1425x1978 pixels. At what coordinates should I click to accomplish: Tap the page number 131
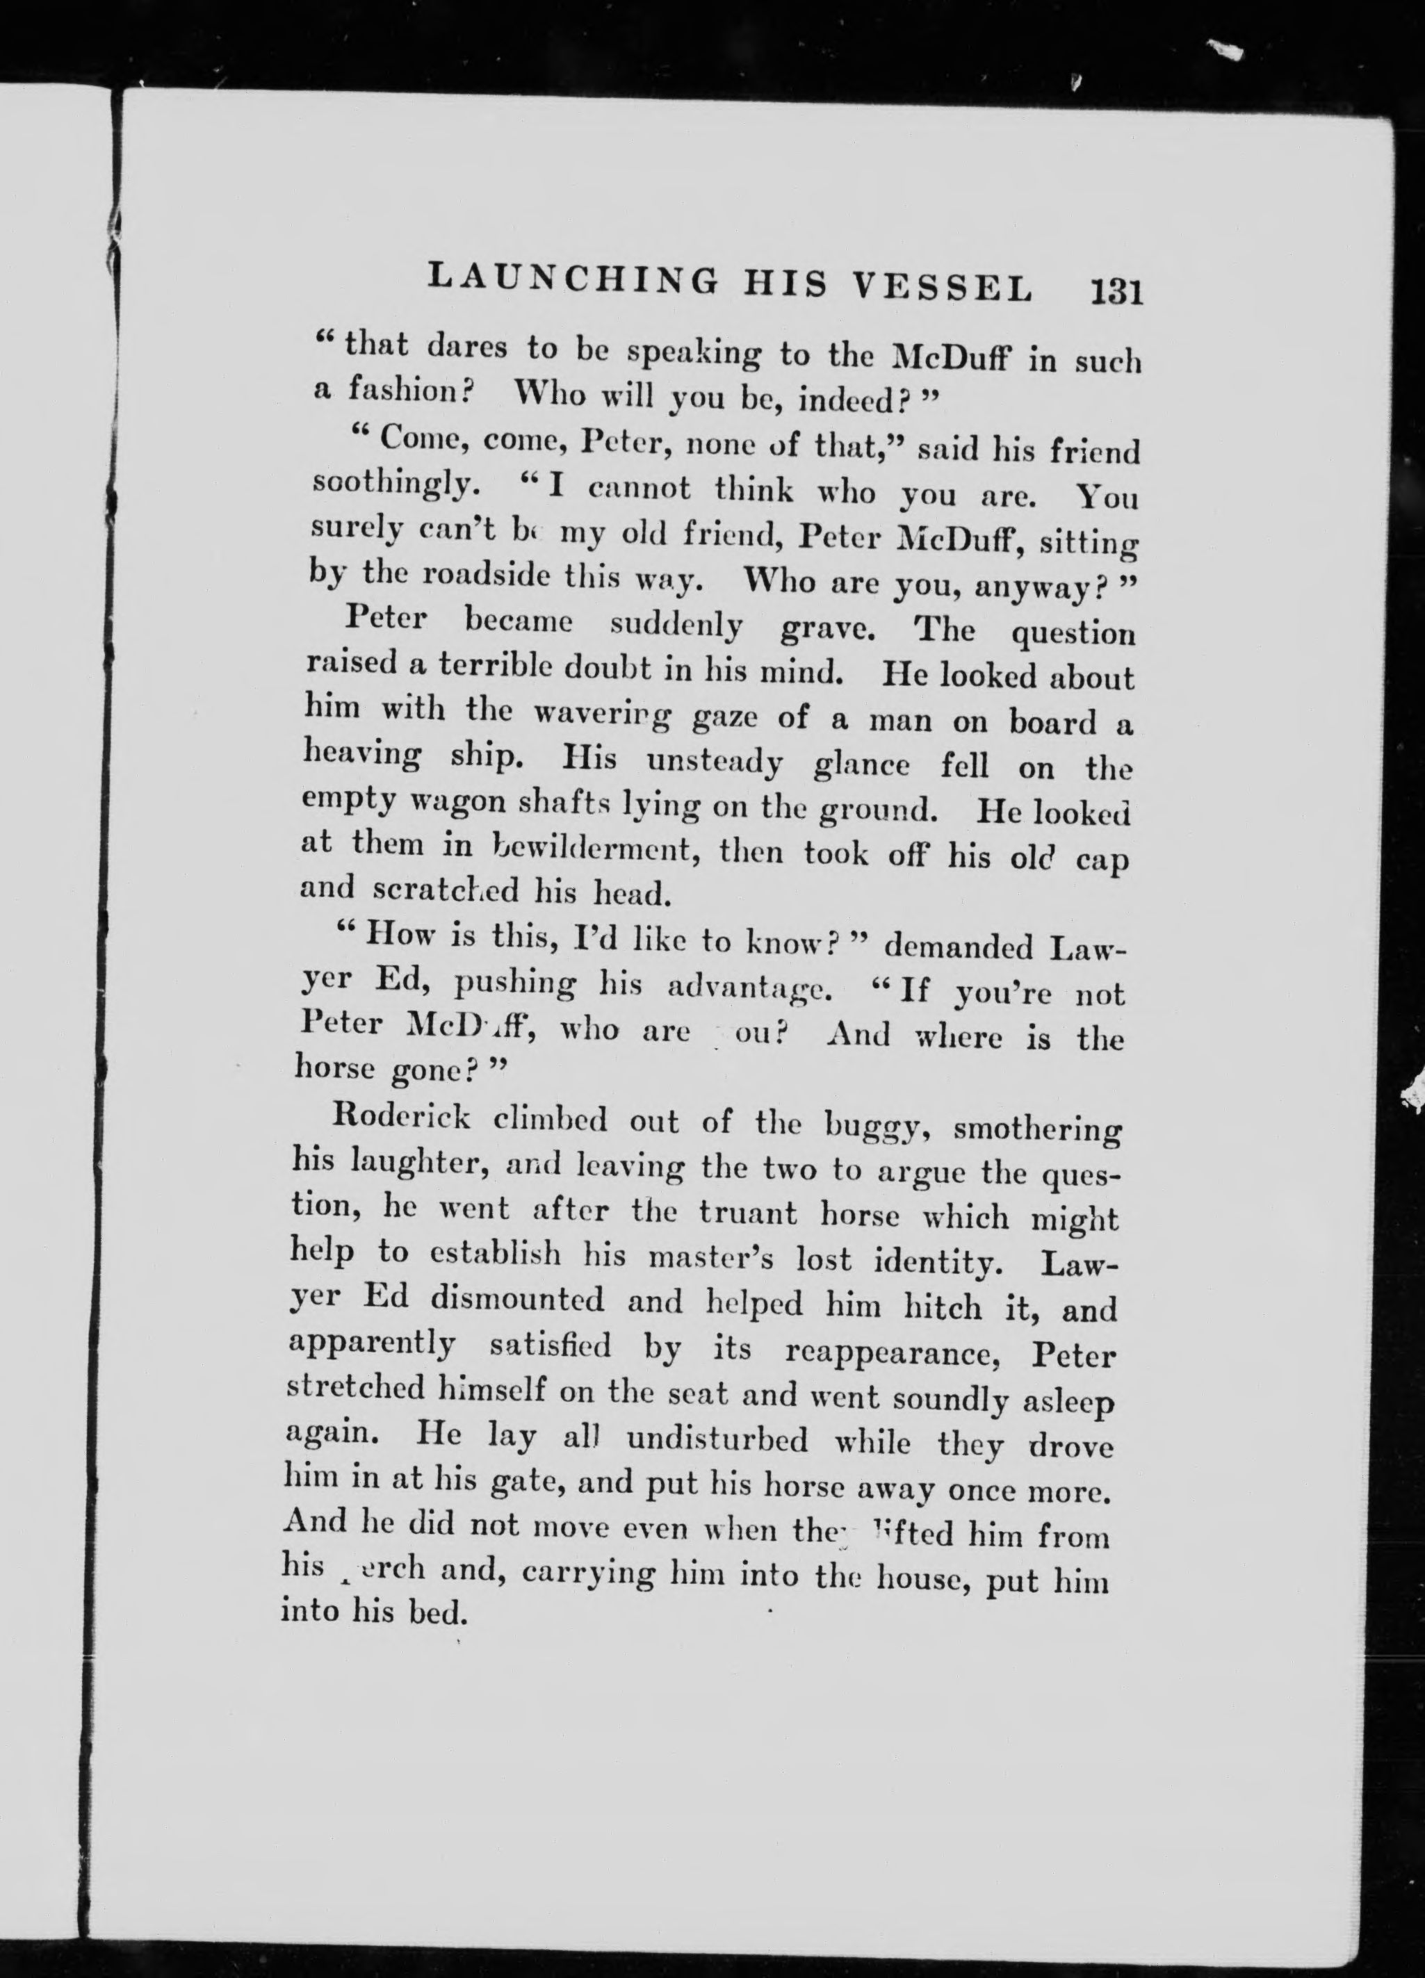point(1114,290)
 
